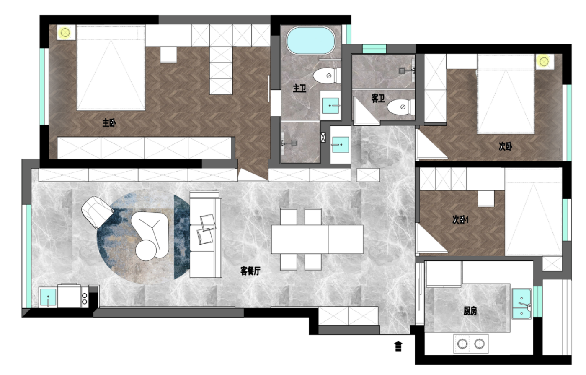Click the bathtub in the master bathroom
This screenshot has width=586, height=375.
click(x=311, y=40)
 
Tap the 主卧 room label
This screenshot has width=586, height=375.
click(x=109, y=122)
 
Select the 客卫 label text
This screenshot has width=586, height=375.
click(x=378, y=98)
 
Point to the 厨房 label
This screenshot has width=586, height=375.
click(x=470, y=311)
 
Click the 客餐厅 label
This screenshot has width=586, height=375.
click(x=250, y=271)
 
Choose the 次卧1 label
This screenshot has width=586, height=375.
click(x=460, y=220)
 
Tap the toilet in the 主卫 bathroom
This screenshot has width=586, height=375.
click(x=327, y=76)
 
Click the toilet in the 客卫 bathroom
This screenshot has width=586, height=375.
click(x=401, y=107)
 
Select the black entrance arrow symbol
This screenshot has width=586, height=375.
click(x=398, y=346)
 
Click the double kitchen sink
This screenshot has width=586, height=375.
click(x=521, y=304)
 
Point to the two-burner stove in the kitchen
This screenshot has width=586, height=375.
click(x=471, y=344)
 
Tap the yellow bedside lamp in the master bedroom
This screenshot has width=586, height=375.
click(x=65, y=32)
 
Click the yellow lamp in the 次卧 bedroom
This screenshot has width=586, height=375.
click(x=544, y=62)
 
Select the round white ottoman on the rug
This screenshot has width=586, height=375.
click(x=146, y=250)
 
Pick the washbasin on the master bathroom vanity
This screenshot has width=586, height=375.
click(x=330, y=106)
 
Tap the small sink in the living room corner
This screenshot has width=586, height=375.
click(x=48, y=297)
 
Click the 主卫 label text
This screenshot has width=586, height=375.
click(x=299, y=89)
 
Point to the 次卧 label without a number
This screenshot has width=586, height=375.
click(x=505, y=146)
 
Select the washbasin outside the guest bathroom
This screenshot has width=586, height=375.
click(x=341, y=144)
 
